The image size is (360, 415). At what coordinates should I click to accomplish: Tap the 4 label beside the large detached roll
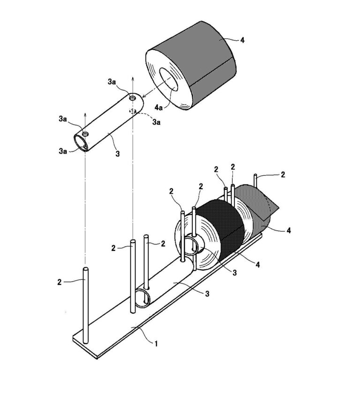tap(242, 40)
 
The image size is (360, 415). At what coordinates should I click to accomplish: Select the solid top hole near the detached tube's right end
tap(133, 99)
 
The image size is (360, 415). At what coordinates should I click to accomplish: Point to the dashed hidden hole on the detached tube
tap(133, 111)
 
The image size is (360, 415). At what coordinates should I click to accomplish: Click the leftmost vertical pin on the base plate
tap(85, 304)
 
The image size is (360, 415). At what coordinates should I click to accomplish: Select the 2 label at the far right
tap(282, 174)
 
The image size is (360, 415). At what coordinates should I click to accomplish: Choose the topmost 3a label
tap(112, 82)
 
